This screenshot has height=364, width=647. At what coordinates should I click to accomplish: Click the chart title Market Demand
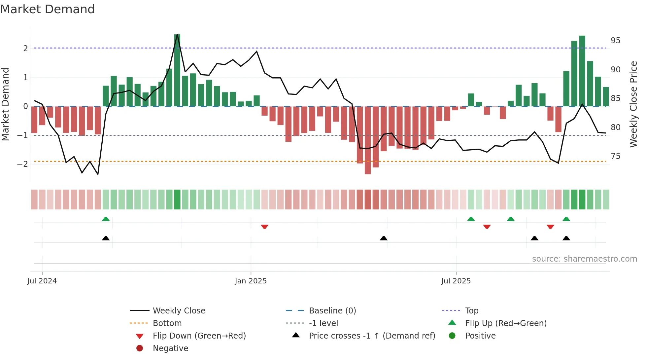point(48,9)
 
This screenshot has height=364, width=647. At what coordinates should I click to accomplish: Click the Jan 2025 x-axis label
point(251,281)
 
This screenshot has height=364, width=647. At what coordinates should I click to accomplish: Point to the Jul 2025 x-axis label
point(456,281)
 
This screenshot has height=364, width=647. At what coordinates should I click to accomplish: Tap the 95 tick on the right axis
point(615,41)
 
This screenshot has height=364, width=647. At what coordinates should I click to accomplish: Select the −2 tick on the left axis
point(22,164)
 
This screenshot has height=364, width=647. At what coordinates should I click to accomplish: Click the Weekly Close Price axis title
point(633,104)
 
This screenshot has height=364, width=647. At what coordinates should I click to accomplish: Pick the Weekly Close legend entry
point(179,311)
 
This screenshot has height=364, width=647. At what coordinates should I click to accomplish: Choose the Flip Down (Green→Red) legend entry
point(199,336)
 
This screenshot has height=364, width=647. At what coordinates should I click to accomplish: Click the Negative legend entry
point(170,348)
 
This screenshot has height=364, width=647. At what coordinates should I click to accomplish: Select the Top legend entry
point(471,311)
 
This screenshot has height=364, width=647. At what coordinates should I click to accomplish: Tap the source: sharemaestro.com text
point(584,259)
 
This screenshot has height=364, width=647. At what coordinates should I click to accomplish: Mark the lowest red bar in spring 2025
point(368,140)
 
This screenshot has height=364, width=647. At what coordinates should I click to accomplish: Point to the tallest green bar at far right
point(582,71)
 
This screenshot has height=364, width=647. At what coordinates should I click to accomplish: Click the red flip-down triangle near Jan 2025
point(264,227)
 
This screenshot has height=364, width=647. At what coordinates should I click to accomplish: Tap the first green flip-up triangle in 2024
point(106,219)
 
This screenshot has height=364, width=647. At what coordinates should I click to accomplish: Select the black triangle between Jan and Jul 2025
point(384,238)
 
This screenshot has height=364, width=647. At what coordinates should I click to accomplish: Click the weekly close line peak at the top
point(177,35)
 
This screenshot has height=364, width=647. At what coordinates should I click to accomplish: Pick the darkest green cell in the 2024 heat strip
point(177,200)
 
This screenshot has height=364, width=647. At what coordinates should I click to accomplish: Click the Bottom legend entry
point(167,323)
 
